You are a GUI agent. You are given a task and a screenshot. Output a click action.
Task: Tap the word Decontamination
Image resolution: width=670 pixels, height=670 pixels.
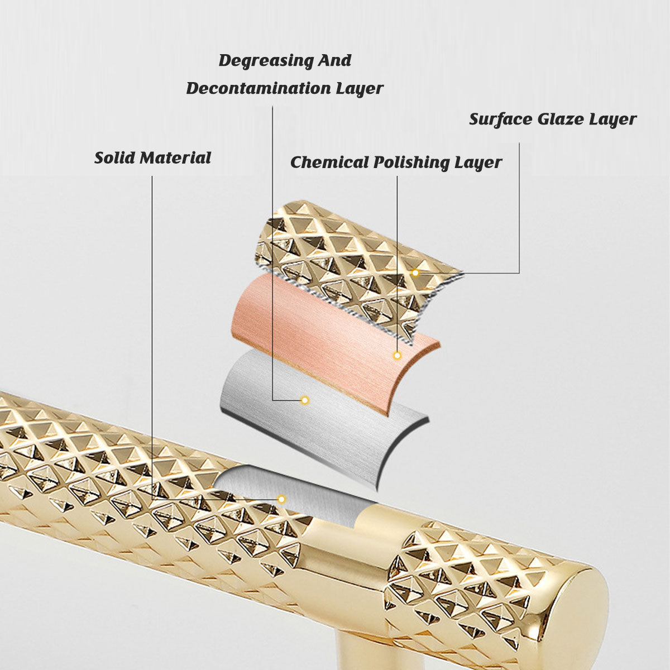(259, 89)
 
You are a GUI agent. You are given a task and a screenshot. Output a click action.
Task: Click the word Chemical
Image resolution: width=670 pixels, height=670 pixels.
(329, 162)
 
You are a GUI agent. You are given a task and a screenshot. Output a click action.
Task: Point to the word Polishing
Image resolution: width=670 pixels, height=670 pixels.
(411, 163)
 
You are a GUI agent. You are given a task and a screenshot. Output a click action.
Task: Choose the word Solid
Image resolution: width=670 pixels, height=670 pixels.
(114, 158)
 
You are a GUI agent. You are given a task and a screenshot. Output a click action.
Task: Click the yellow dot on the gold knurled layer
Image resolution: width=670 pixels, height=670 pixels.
(415, 273)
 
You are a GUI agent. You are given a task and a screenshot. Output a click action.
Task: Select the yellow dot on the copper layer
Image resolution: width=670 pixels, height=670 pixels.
(397, 355)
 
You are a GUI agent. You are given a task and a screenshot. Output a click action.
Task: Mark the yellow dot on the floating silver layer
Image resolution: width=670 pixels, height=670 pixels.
(305, 400)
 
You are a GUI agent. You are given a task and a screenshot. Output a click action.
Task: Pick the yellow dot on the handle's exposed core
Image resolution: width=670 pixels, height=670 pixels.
(281, 499)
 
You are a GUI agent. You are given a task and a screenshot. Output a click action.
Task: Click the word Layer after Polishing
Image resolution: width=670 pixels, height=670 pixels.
(478, 163)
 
